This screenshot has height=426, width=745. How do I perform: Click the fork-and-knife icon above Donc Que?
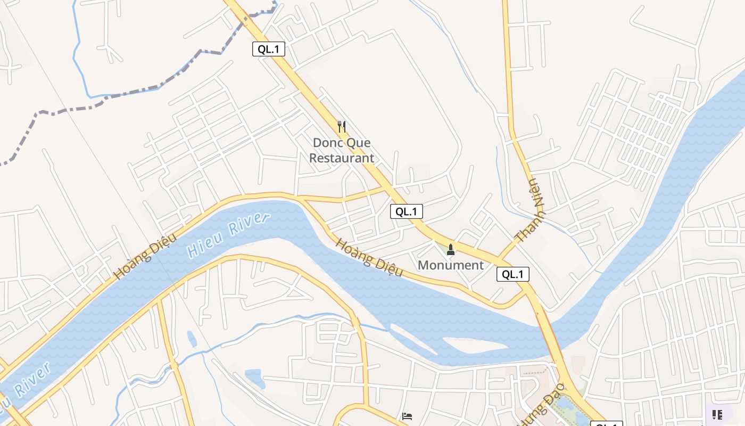(342, 127)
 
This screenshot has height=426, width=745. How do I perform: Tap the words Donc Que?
(342, 143)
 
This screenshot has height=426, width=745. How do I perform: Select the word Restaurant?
(342, 158)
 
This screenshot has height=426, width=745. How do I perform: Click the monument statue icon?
(451, 249)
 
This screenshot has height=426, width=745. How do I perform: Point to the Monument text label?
(451, 265)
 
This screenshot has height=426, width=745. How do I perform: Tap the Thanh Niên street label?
(531, 210)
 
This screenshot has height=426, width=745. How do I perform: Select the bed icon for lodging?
(407, 416)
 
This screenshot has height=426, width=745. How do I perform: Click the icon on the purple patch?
(717, 414)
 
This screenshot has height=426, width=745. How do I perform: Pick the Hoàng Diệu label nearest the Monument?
(368, 258)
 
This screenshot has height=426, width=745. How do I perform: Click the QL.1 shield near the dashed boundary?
(269, 50)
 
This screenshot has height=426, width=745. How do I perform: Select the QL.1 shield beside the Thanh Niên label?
(513, 274)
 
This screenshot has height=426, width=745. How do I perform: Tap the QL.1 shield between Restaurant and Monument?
(407, 211)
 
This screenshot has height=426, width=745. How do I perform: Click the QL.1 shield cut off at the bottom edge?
(607, 424)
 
